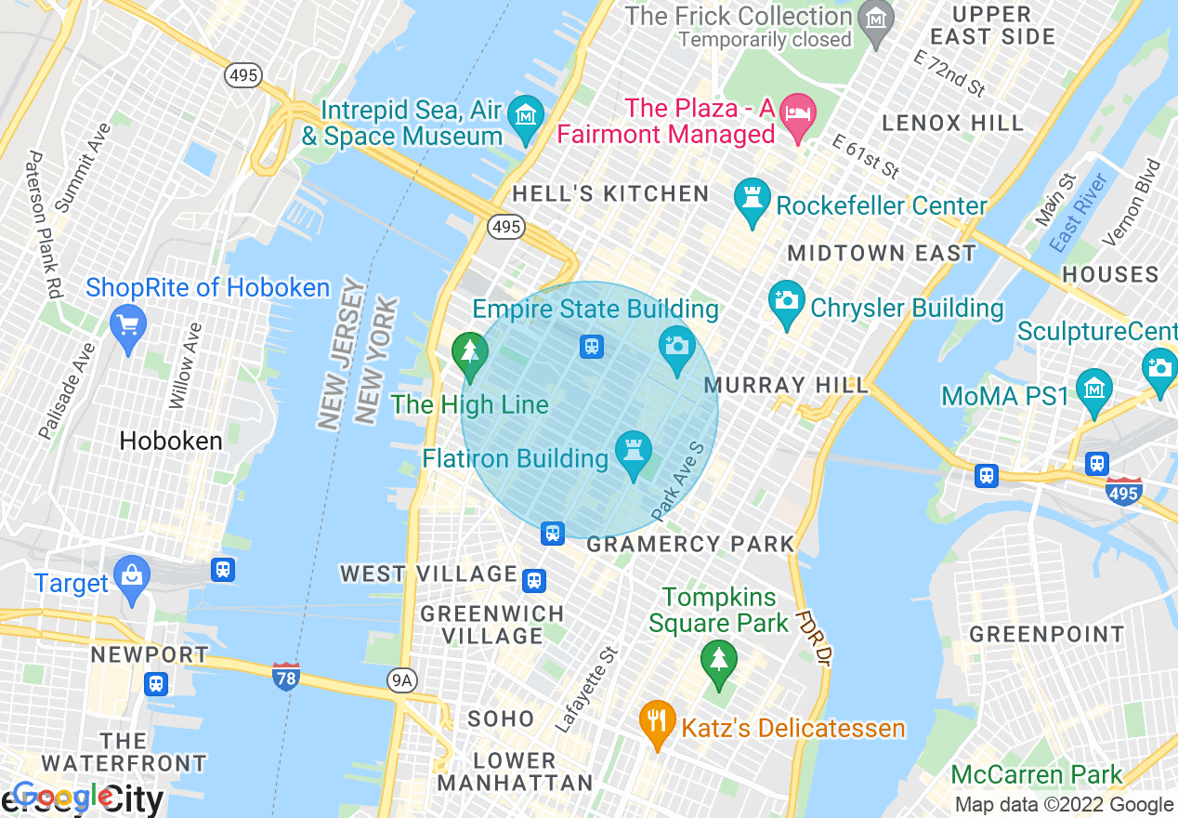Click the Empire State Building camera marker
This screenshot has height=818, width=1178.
pos(677,347)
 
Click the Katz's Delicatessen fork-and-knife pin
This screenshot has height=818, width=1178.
pos(658,721)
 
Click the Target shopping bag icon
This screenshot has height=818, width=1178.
pos(132,578)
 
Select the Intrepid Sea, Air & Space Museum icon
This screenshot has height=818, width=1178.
pos(527,117)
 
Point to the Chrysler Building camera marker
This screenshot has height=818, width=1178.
pos(787,302)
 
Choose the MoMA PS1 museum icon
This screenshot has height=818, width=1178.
pos(1094,389)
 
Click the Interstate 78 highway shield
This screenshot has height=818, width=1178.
pos(286,676)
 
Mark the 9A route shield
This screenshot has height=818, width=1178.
pos(400,681)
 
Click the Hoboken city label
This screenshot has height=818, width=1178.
pos(171,441)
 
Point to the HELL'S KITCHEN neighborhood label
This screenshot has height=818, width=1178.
pos(610,193)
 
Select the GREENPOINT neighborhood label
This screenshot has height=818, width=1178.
pos(1046,634)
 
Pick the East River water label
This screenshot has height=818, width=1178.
pos(1078,213)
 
